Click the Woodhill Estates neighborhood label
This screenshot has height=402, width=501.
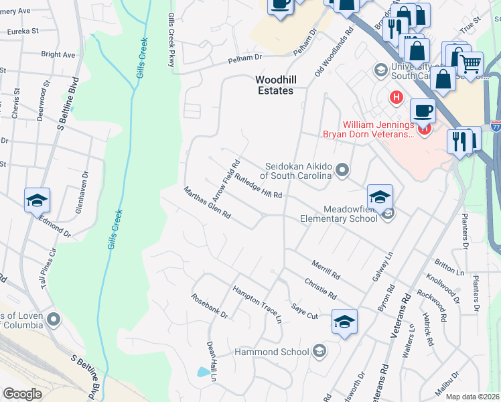(x=275, y=84)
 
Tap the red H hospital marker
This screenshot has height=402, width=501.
(x=396, y=98)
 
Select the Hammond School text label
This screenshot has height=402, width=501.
(x=271, y=352)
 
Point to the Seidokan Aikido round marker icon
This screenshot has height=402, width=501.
(x=343, y=170)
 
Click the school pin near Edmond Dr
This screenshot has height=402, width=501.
(x=37, y=200)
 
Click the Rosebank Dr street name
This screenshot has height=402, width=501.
(x=210, y=306)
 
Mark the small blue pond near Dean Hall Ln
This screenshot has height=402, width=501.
(x=203, y=371)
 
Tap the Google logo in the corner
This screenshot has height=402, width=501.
(x=22, y=394)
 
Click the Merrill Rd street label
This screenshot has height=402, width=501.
(x=327, y=269)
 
